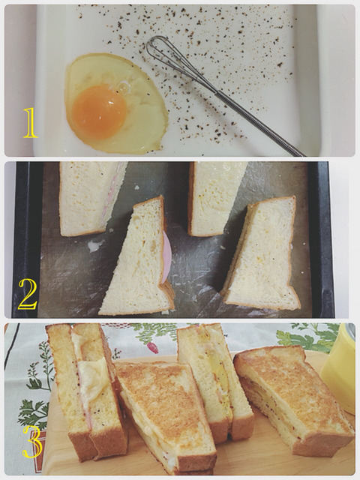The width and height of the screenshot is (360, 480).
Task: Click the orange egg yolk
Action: (100, 112)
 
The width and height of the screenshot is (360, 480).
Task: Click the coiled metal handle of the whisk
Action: (259, 123)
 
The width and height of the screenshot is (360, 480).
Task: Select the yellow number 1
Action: (31, 123)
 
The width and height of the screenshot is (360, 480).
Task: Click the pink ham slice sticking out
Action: (166, 256)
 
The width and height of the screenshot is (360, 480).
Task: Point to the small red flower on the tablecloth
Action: (153, 347)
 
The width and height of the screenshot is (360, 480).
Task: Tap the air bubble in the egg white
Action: (124, 88)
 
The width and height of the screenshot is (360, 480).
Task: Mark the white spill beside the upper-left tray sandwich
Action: (96, 245)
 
